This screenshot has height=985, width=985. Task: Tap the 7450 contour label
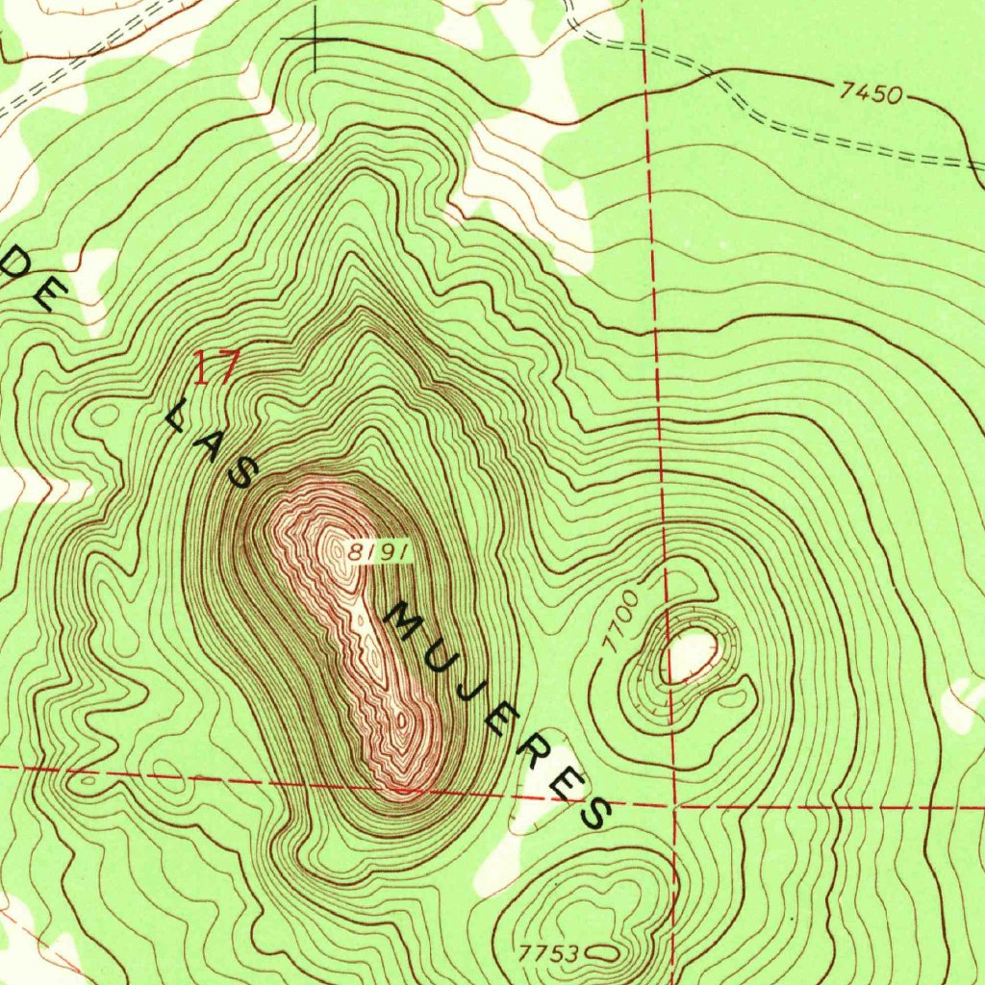(x=871, y=93)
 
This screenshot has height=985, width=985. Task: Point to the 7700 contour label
(x=623, y=623)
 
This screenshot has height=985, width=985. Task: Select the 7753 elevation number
(x=548, y=953)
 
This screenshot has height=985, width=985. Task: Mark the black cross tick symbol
(x=316, y=38)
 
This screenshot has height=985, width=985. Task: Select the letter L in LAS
(x=178, y=417)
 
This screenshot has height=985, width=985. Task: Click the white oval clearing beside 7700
(x=691, y=655)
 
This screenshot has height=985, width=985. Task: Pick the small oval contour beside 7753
(x=602, y=952)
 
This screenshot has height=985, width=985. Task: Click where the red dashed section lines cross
(x=674, y=806)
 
